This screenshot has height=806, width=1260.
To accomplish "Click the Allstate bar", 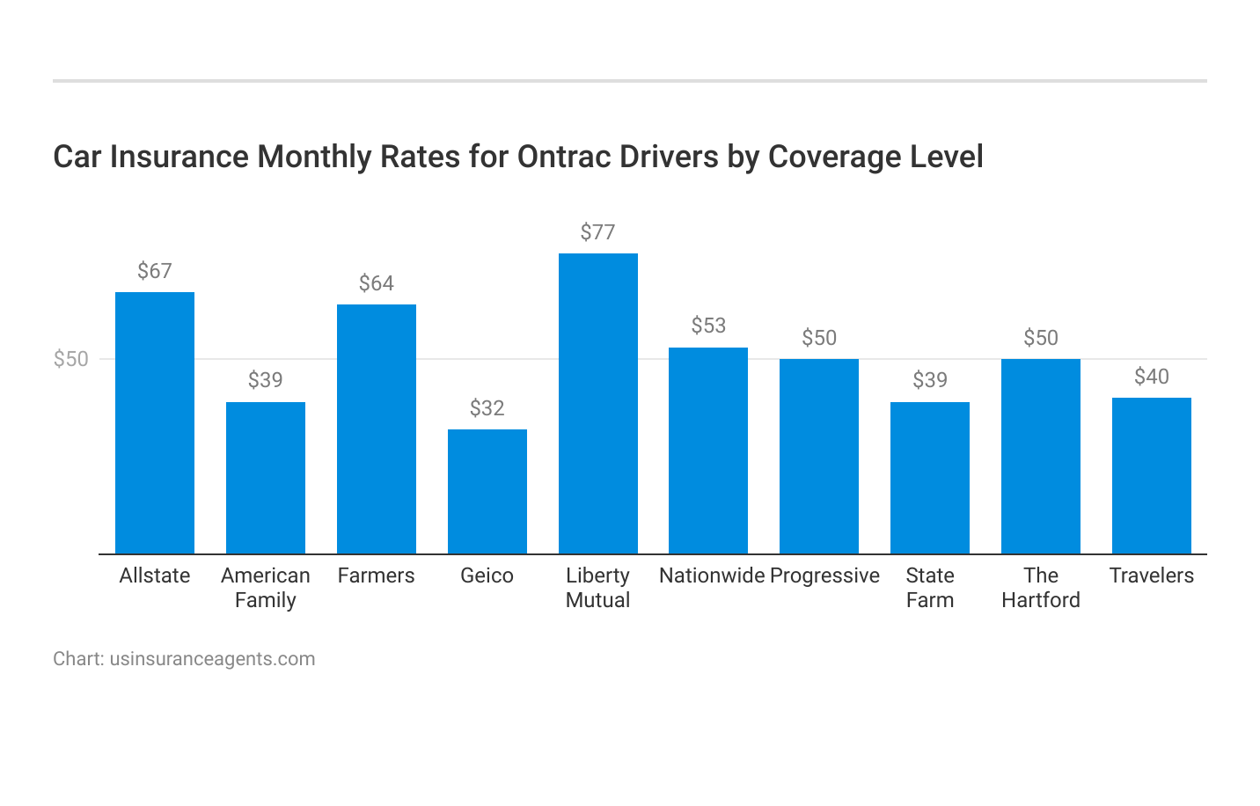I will click(155, 422).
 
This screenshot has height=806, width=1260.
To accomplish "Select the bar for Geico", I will click(487, 491).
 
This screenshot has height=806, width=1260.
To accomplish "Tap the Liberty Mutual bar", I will click(598, 403).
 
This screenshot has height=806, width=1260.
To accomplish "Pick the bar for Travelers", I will click(1152, 475).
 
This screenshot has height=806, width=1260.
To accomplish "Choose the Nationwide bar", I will click(708, 451).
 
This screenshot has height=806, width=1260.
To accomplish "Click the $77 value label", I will click(598, 232).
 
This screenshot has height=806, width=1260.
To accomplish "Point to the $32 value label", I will click(487, 408).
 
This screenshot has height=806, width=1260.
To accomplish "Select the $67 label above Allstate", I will click(155, 271).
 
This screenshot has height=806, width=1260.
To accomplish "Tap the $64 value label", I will click(377, 283).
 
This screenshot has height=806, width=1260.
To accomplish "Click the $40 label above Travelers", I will click(1152, 377).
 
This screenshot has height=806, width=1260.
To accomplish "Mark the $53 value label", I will click(708, 326).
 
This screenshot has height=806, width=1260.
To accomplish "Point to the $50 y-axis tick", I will click(71, 359).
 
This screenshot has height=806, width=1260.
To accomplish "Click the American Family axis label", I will click(266, 588).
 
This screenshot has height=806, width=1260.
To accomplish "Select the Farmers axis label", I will click(377, 575).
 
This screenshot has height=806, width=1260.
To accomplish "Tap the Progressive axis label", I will click(824, 575).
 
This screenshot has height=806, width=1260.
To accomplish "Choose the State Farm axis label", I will click(930, 588).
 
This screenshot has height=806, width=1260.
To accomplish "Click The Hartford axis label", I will click(1041, 588).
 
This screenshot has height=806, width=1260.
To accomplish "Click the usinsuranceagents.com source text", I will click(212, 659).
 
